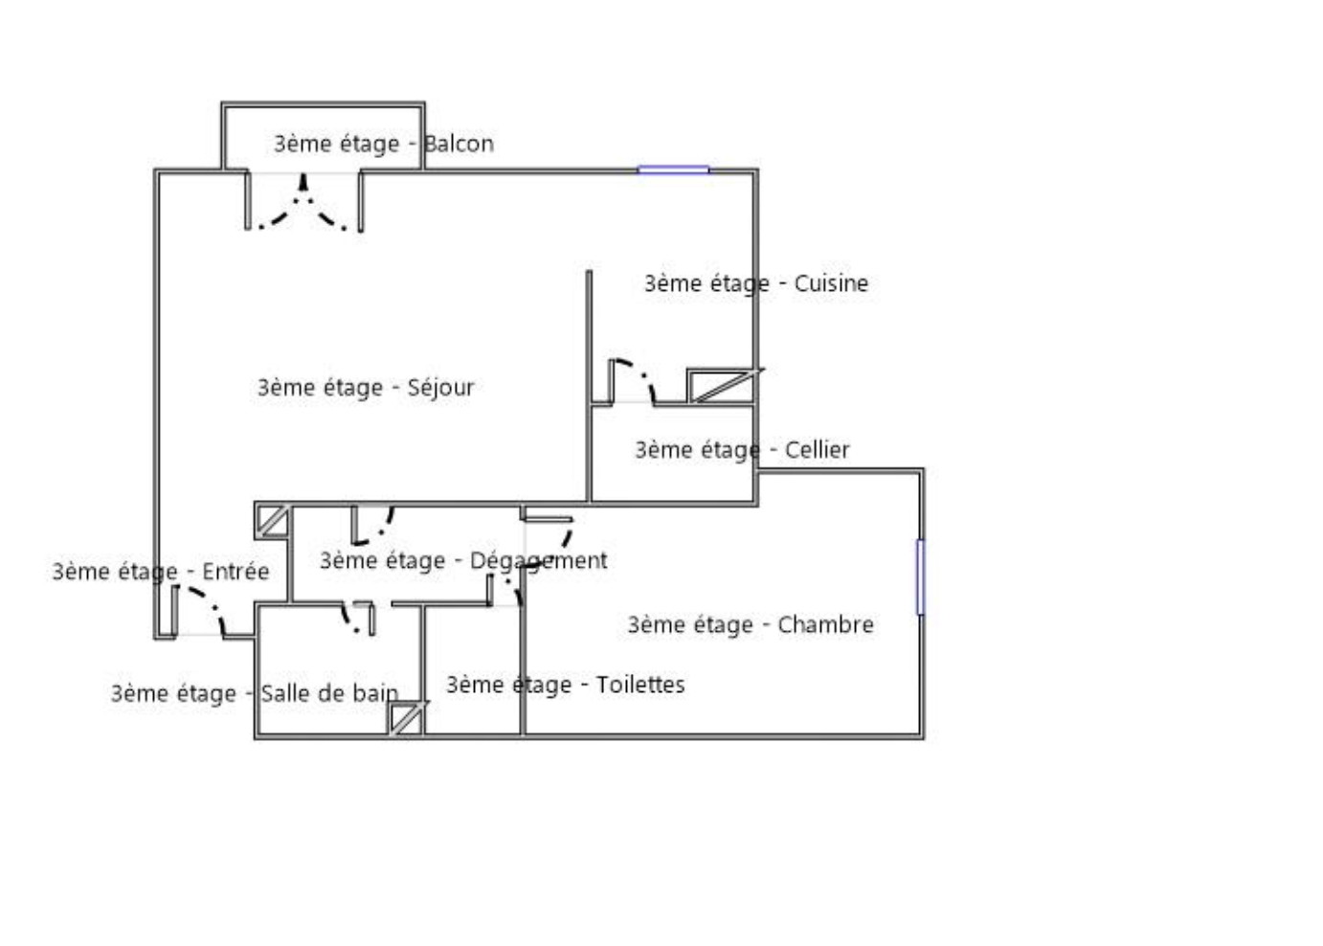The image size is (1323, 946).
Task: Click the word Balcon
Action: pyautogui.click(x=459, y=144)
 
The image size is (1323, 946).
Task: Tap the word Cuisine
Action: pyautogui.click(x=831, y=283)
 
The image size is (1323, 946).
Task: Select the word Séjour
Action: pyautogui.click(x=440, y=388)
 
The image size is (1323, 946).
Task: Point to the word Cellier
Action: pyautogui.click(x=817, y=450)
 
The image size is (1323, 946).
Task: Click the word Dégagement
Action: pyautogui.click(x=538, y=561)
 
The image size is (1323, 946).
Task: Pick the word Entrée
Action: pyautogui.click(x=235, y=572)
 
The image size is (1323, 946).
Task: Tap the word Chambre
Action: pyautogui.click(x=826, y=624)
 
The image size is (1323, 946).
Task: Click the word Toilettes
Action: pyautogui.click(x=640, y=685)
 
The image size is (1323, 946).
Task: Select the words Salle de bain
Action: pyautogui.click(x=329, y=693)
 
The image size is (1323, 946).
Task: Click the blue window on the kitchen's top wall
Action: pyautogui.click(x=673, y=170)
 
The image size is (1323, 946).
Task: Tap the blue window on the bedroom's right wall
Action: pyautogui.click(x=920, y=576)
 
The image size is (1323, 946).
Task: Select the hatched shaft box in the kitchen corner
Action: pyautogui.click(x=722, y=386)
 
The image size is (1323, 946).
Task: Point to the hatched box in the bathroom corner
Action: pyautogui.click(x=406, y=719)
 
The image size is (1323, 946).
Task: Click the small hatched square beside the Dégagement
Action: pyautogui.click(x=272, y=521)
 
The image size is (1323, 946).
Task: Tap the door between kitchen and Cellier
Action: pyautogui.click(x=632, y=382)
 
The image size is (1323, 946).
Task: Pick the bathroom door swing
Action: pyautogui.click(x=358, y=619)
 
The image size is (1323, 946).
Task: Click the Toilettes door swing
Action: pyautogui.click(x=505, y=590)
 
